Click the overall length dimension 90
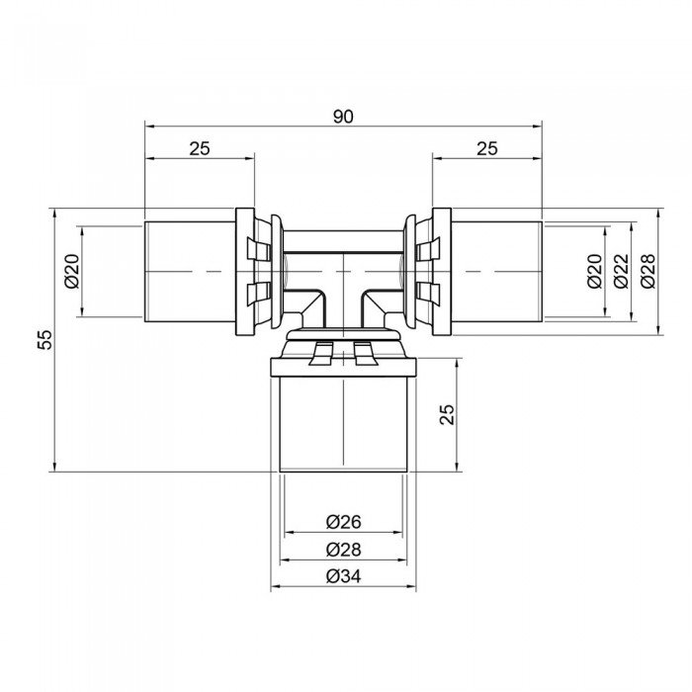pyautogui.click(x=343, y=116)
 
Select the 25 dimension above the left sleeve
pyautogui.click(x=200, y=148)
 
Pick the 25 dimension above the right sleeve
pyautogui.click(x=486, y=148)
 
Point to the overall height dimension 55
pyautogui.click(x=43, y=339)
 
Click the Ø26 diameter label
pyautogui.click(x=343, y=522)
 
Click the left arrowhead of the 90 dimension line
pyautogui.click(x=148, y=126)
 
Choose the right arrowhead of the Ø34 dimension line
pyautogui.click(x=413, y=587)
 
